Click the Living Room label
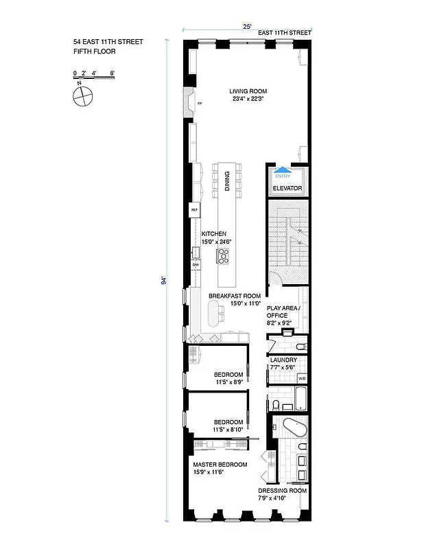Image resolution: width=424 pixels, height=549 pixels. pos(248,91)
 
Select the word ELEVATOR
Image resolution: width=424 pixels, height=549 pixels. pos(287,187)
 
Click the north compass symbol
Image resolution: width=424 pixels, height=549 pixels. pos(82,94)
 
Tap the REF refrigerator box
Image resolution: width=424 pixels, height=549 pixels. pos(194,211)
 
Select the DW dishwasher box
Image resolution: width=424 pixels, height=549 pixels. pos(196,264)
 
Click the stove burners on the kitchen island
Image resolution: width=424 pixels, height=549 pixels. pos(223,255)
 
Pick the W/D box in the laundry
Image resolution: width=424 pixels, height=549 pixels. pos(301,378)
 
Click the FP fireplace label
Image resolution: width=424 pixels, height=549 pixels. pos(200,104)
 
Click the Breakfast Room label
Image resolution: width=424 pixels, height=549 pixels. pos(235,296)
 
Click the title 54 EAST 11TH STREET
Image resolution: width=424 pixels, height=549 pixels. pos(108,42)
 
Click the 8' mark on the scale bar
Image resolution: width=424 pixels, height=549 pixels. pos(112,72)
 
